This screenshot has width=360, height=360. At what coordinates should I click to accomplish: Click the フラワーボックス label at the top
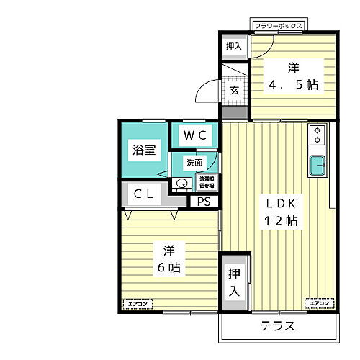pyautogui.click(x=279, y=27)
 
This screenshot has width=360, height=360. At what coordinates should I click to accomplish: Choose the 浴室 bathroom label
pyautogui.click(x=143, y=150)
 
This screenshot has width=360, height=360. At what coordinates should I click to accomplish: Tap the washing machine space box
pyautogui.click(x=207, y=181)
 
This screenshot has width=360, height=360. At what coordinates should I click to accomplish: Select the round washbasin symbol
pyautogui.click(x=181, y=184)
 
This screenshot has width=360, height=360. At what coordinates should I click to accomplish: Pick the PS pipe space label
pyautogui.click(x=204, y=202)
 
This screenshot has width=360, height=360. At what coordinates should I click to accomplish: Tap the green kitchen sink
pyautogui.click(x=318, y=166)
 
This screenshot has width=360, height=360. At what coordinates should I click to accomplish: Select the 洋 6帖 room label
pyautogui.click(x=168, y=259)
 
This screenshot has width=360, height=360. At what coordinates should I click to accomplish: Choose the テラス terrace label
pyautogui.click(x=277, y=326)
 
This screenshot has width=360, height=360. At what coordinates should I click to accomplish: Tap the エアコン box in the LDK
pyautogui.click(x=320, y=304)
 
